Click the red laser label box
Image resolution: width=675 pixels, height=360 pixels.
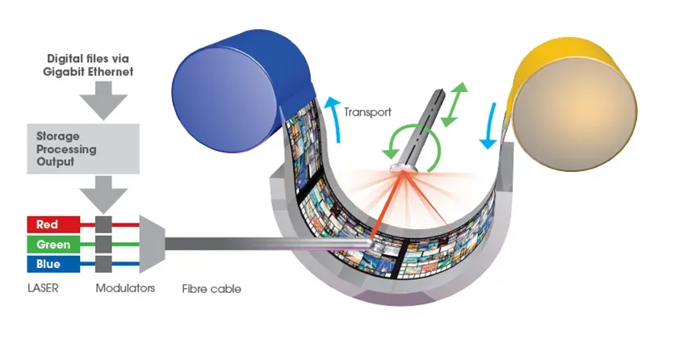[53, 224]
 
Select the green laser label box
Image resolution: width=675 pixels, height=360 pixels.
[53, 245]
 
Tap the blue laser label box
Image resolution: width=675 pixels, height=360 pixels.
[53, 264]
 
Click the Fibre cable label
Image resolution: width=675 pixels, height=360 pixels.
[212, 288]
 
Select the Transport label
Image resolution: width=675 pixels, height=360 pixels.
[367, 112]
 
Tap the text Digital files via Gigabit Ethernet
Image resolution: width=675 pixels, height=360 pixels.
[90, 65]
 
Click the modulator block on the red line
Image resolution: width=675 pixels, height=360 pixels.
[103, 224]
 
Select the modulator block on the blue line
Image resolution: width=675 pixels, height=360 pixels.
[103, 264]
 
